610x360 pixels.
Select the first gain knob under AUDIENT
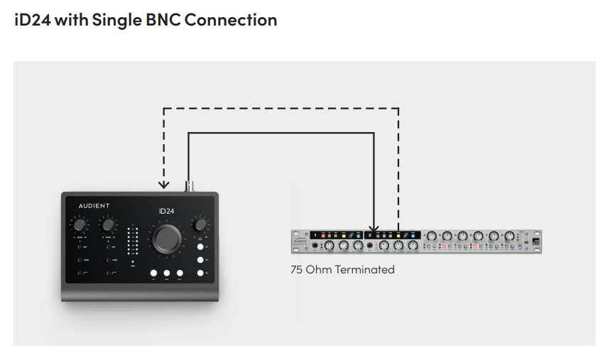click(x=80, y=225)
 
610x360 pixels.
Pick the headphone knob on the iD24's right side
click(x=201, y=224)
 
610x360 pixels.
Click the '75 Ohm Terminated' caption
click(x=342, y=270)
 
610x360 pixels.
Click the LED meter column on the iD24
click(x=132, y=241)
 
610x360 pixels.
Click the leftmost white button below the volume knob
click(x=153, y=273)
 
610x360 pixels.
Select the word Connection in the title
click(x=229, y=20)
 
